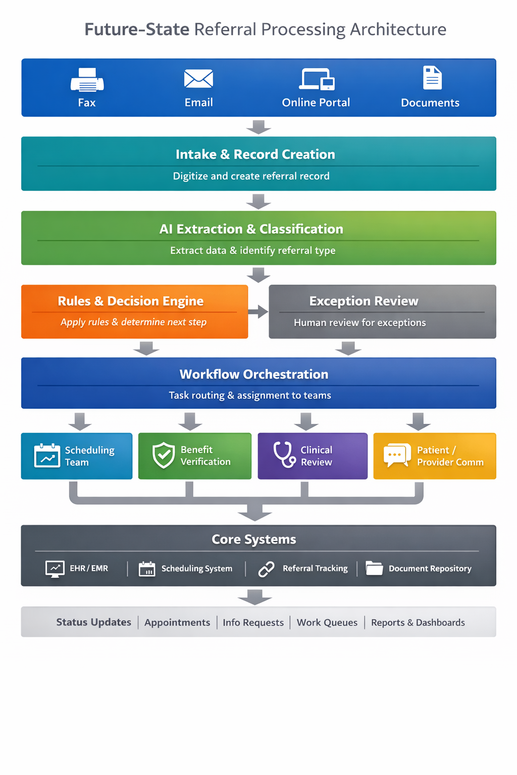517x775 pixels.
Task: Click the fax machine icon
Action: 87,80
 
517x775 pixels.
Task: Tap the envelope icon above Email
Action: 198,79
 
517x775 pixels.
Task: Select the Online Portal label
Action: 316,102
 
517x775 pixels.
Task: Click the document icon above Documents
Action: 432,78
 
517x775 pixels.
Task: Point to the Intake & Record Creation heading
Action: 255,154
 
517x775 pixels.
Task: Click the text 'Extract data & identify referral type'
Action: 252,250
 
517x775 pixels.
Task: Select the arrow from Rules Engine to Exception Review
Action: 258,311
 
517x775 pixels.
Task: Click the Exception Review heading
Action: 364,301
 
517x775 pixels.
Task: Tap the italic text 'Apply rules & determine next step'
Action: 133,322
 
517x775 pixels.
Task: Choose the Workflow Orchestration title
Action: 254,374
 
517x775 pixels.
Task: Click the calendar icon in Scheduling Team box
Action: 47,456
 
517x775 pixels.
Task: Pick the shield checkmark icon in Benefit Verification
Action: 164,455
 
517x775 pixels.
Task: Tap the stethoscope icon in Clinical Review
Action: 284,454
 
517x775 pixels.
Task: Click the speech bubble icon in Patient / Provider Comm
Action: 397,455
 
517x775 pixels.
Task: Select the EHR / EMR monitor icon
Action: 55,569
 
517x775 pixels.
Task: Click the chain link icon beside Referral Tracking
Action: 266,569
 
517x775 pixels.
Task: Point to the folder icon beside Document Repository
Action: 374,568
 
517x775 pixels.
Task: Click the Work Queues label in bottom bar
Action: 327,623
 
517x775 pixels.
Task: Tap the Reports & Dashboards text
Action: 418,623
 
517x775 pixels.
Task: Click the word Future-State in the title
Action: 137,29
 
